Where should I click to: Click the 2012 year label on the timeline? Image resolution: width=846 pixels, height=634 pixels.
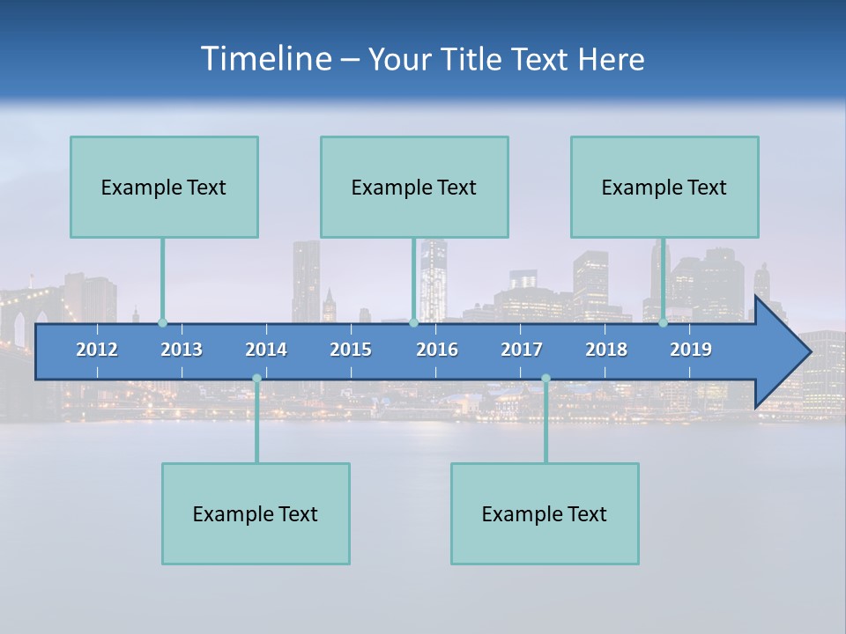[x=97, y=350]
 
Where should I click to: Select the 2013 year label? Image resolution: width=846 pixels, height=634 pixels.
[x=182, y=350]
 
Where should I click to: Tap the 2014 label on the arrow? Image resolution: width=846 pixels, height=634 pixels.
[x=266, y=350]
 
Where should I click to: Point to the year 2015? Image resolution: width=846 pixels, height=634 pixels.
[x=351, y=350]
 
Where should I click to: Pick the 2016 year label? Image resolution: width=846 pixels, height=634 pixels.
[x=437, y=350]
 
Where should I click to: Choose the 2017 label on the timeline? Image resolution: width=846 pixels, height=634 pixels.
[x=522, y=350]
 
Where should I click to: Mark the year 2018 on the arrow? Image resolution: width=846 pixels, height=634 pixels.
[x=606, y=350]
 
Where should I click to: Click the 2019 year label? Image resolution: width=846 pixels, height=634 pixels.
[x=691, y=350]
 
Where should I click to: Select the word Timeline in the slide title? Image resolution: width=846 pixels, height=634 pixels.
[x=264, y=59]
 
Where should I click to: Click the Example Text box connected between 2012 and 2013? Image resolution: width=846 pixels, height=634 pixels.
[x=164, y=187]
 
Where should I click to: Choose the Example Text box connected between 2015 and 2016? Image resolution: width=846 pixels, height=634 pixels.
[x=414, y=187]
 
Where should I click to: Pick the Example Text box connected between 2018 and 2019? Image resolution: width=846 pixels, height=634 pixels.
[x=664, y=187]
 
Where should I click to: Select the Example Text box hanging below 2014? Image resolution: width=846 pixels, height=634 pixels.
[x=256, y=513]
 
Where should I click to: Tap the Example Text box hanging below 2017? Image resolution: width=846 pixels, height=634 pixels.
[x=545, y=513]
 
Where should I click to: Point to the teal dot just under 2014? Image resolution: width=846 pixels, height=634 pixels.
[x=256, y=379]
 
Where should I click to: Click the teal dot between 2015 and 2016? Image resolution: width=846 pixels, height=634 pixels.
[x=413, y=323]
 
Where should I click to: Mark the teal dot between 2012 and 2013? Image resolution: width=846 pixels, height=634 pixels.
[x=162, y=323]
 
